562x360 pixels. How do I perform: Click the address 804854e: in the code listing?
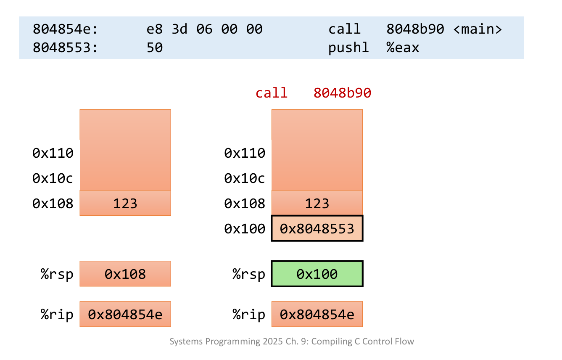pos(65,29)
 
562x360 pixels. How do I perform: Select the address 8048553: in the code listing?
pos(65,48)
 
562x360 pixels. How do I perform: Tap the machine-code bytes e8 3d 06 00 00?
pos(204,29)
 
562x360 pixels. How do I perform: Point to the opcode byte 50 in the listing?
pos(154,48)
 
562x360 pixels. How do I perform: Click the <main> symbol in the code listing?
pos(478,29)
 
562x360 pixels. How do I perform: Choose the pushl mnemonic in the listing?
pos(348,48)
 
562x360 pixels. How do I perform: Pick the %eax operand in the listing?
pos(403,48)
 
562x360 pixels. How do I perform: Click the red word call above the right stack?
pos(272,93)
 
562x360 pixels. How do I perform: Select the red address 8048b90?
pos(342,93)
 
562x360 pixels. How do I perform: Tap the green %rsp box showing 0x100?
pos(317,274)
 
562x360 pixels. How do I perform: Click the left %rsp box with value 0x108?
pos(125,274)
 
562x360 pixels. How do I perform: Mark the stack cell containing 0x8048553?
pos(317,229)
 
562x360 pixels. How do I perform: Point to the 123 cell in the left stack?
pos(125,204)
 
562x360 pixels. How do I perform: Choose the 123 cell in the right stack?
pos(317,204)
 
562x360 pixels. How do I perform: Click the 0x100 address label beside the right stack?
pos(245,229)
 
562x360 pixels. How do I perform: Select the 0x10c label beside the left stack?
pos(53,179)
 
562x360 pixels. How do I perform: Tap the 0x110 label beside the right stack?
pos(245,153)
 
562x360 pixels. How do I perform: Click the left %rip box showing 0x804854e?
pos(125,315)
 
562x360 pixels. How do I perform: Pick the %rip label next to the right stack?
pos(249,315)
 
